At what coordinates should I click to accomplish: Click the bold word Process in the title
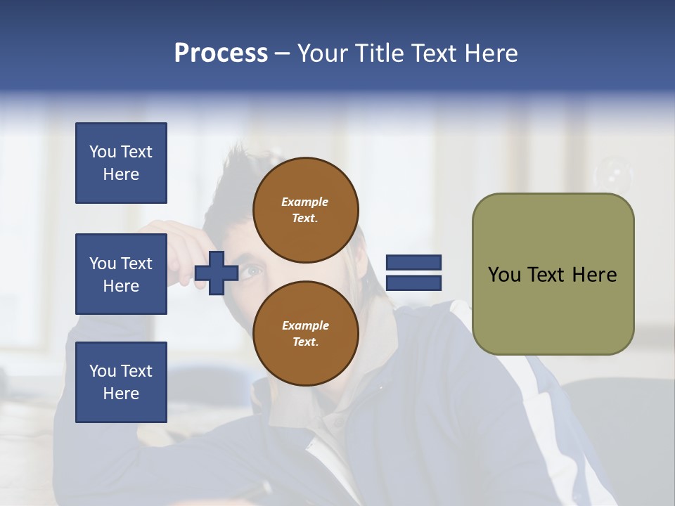point(221,53)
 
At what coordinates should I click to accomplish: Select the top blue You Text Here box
point(121,163)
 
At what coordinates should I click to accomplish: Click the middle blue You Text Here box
point(121,274)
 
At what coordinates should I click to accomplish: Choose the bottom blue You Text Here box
point(121,382)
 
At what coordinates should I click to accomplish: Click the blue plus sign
point(217,273)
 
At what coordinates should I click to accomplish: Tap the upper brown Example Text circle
point(305,210)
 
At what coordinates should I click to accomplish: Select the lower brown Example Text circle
point(305,333)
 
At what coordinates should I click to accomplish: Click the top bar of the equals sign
point(413,263)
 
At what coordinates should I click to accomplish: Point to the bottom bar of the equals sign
point(413,283)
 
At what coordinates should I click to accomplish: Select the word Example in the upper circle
point(304,202)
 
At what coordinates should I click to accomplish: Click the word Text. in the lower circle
point(304,342)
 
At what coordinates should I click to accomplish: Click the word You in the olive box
point(505,275)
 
